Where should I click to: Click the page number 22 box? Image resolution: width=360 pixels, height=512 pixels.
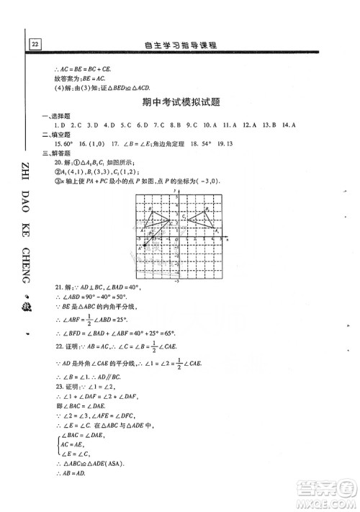[x=34, y=43]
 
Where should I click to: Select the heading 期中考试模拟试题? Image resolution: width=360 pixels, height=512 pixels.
[x=180, y=104]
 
